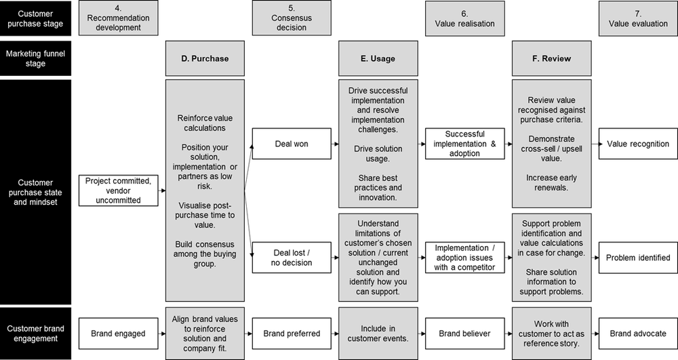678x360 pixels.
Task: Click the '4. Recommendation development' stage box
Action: click(x=118, y=18)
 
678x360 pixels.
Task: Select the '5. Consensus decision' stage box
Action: click(x=292, y=18)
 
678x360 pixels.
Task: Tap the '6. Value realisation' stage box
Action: click(x=464, y=18)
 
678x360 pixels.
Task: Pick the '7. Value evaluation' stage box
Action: click(x=638, y=18)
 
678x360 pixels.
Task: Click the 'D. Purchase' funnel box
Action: click(x=205, y=58)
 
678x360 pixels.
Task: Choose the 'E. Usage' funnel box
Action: click(x=378, y=58)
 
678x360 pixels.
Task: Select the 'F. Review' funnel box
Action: click(x=551, y=58)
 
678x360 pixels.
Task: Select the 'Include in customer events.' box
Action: click(x=378, y=334)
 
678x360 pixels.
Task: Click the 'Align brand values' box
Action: click(x=205, y=334)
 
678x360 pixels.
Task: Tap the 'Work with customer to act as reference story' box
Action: click(x=551, y=334)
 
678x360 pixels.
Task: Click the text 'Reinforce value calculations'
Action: click(x=205, y=123)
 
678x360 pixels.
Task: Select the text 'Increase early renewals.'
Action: click(x=551, y=183)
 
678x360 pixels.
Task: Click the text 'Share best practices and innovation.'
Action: click(x=378, y=188)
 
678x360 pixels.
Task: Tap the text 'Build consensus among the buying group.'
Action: click(x=205, y=254)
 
